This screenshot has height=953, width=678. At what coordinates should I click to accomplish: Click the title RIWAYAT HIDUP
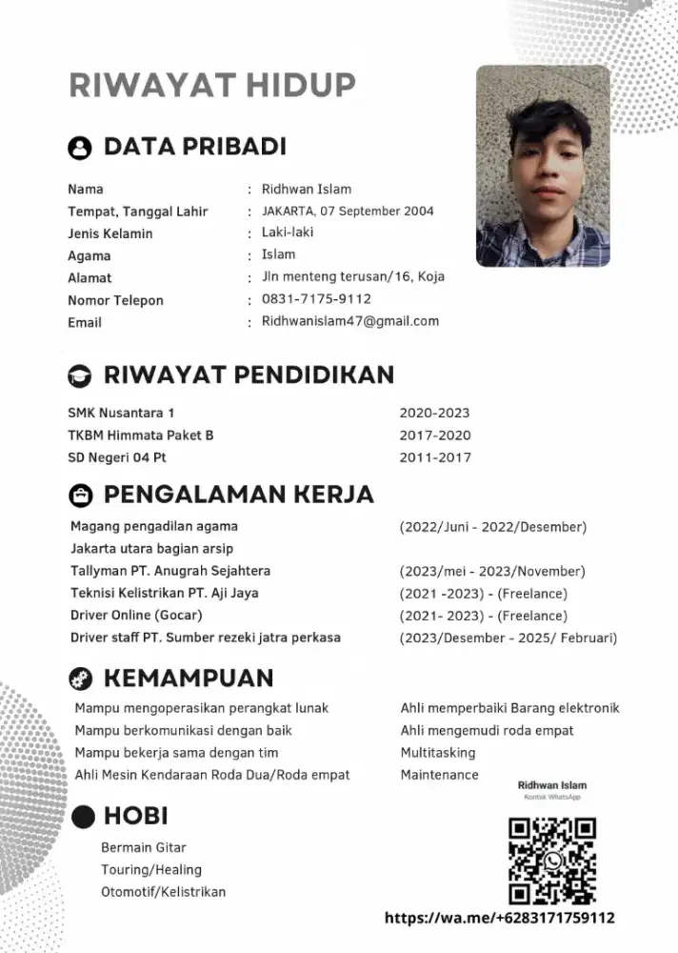click(x=212, y=84)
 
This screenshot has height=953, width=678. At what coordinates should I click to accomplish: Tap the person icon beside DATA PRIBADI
click(x=80, y=148)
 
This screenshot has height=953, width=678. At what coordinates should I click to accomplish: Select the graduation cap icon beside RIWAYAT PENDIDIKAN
click(x=80, y=375)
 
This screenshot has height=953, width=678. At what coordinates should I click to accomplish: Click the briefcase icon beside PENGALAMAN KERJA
click(x=80, y=496)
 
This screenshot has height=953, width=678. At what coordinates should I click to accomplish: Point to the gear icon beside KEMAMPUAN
click(x=80, y=679)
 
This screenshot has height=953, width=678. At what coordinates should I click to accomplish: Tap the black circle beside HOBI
click(x=84, y=817)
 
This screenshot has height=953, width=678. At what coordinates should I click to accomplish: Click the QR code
click(x=552, y=861)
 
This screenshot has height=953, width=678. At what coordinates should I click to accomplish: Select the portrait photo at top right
click(x=543, y=166)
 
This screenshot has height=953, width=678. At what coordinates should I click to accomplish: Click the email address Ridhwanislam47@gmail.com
click(x=350, y=321)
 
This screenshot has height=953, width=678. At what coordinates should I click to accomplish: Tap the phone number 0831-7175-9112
click(x=316, y=299)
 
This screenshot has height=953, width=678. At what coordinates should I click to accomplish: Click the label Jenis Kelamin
click(x=110, y=233)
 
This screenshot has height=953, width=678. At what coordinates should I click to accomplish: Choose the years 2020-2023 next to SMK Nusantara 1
click(x=434, y=414)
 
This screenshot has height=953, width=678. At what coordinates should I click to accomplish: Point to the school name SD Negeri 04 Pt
click(x=117, y=457)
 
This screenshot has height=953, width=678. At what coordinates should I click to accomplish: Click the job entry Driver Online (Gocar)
click(x=136, y=615)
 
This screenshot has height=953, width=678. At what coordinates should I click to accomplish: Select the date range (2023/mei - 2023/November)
click(x=492, y=572)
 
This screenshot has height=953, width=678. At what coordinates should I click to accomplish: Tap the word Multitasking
click(x=438, y=753)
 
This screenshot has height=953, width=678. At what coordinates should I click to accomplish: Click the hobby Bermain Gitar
click(x=144, y=847)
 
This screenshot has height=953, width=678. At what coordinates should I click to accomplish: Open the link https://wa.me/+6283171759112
click(x=500, y=919)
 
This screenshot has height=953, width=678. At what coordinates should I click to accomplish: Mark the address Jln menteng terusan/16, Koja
click(x=352, y=277)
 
